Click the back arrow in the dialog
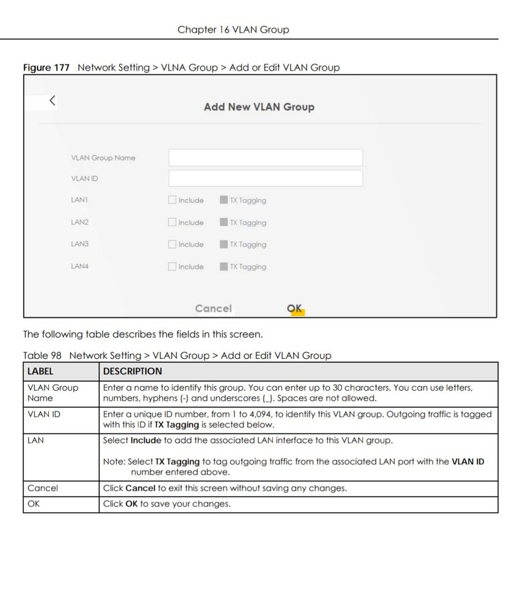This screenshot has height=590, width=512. pos(52,101)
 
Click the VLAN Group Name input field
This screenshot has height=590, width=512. pos(265,158)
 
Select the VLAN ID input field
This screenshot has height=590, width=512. pos(265,178)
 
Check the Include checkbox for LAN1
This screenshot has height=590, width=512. pos(172,201)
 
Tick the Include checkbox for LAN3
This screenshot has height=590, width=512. pos(172,244)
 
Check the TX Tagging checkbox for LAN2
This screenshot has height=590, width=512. pos(224,222)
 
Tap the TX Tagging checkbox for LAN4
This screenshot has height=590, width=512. pos(224,267)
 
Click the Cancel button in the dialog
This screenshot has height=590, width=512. pos(213,309)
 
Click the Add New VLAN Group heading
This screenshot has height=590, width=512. pos(259,107)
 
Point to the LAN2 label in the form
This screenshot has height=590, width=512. pos(80,222)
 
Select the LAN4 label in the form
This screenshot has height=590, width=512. pos(80,266)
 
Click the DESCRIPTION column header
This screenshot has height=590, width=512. pos(133,372)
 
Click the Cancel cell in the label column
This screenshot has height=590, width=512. pos(43,489)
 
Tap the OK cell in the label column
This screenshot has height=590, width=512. pos(33,504)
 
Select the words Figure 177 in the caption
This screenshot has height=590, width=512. pos(46,67)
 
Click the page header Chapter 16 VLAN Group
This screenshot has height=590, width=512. pos(234,29)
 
